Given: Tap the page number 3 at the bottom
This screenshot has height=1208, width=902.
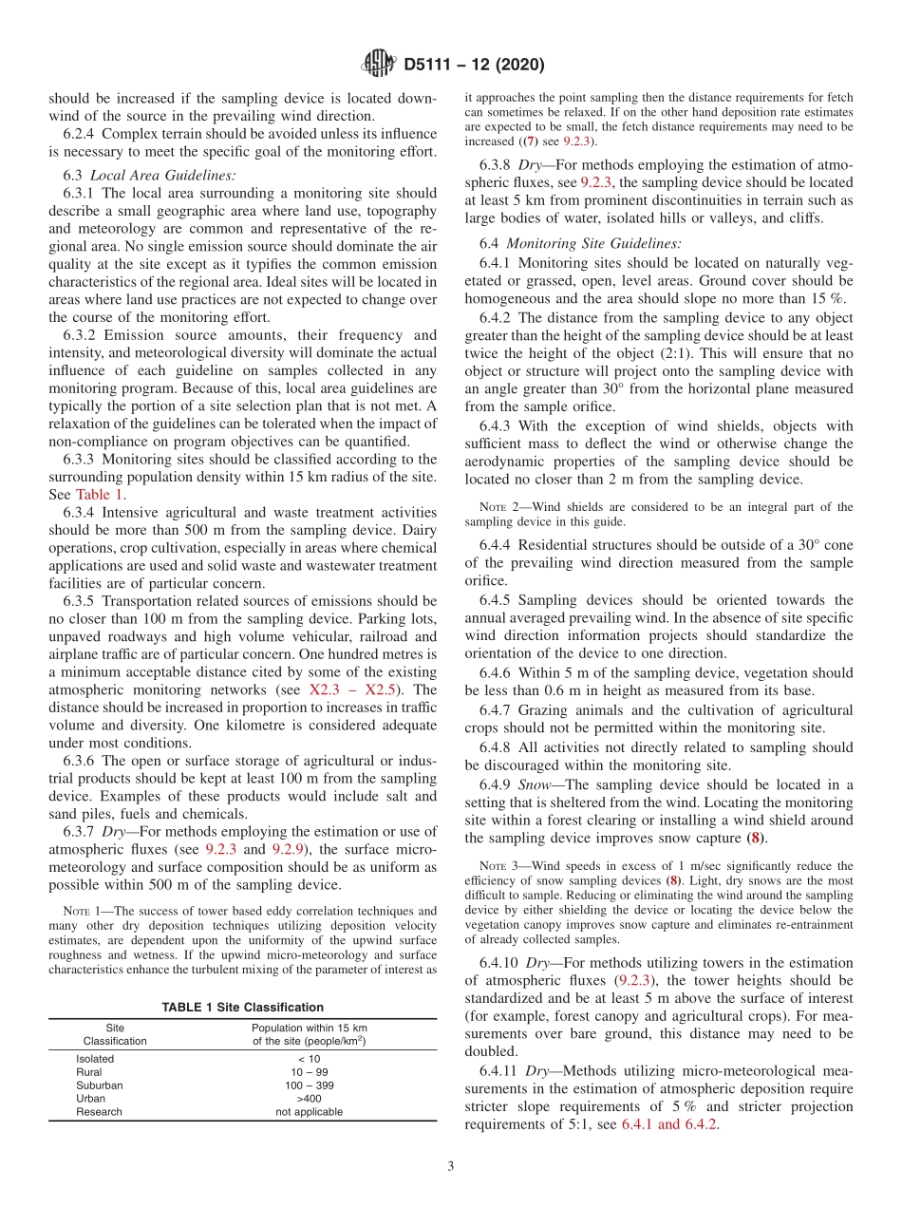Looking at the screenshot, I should pyautogui.click(x=450, y=1167).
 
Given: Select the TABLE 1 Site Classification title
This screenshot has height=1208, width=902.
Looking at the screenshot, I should pyautogui.click(x=242, y=1008).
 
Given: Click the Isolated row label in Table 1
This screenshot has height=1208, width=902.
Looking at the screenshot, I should pyautogui.click(x=95, y=1059).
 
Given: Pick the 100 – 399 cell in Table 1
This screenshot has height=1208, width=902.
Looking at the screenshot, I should pyautogui.click(x=310, y=1085).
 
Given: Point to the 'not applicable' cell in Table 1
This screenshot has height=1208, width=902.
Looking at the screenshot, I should pyautogui.click(x=310, y=1112).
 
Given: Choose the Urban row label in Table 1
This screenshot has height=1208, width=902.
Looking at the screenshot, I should pyautogui.click(x=91, y=1099).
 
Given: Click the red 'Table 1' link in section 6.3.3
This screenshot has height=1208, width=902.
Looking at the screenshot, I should pyautogui.click(x=100, y=494).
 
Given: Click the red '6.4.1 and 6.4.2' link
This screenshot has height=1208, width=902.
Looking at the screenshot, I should pyautogui.click(x=669, y=1124).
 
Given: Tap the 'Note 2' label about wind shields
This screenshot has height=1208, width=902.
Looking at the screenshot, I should pyautogui.click(x=495, y=507).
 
